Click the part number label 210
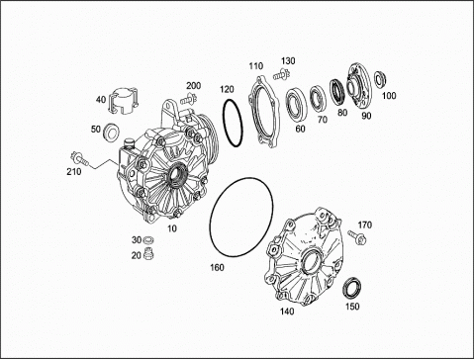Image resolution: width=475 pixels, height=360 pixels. [x=74, y=171]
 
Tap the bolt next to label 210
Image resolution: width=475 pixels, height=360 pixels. [x=80, y=158]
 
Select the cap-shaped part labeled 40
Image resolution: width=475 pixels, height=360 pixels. [x=123, y=101]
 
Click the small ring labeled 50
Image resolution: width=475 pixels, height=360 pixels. [x=112, y=132]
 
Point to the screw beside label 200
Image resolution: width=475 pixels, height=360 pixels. [x=189, y=99]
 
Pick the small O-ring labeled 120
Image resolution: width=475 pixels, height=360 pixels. [x=233, y=123]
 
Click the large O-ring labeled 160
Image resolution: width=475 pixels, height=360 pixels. [x=241, y=217]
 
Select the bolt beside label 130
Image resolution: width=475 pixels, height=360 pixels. [x=281, y=74]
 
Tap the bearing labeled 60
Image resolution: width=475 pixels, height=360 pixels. [x=297, y=104]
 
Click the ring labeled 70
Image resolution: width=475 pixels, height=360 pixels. [x=319, y=99]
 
